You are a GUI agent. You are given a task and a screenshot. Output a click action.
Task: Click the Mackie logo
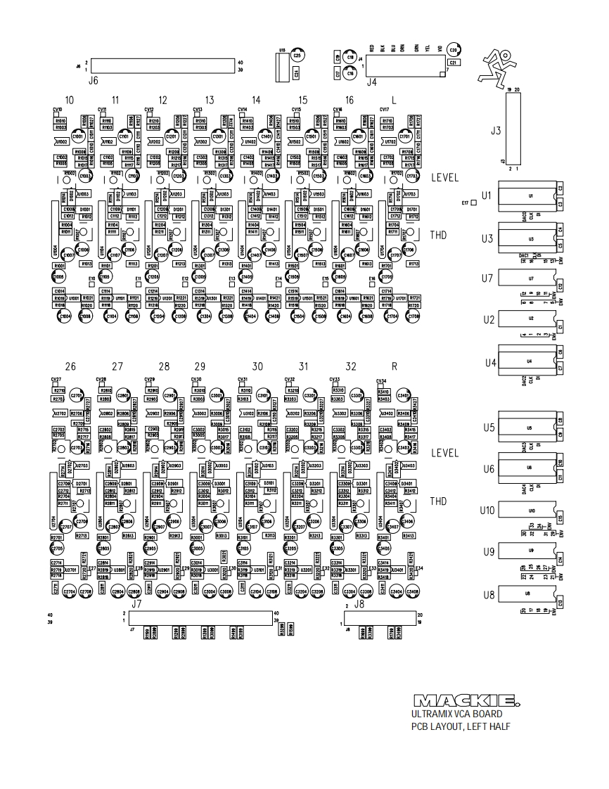click(467, 701)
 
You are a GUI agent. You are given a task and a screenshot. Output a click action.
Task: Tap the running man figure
click(501, 68)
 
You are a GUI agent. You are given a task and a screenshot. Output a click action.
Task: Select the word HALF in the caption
click(496, 726)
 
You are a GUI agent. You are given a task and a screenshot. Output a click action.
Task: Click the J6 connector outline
click(162, 66)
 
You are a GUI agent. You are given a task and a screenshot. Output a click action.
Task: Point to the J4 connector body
click(404, 68)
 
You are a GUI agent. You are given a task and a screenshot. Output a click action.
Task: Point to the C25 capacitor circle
click(298, 55)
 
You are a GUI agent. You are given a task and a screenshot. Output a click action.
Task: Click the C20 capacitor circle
click(453, 51)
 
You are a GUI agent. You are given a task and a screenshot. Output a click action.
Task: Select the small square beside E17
click(475, 203)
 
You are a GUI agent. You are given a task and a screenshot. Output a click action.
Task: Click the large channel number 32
click(351, 367)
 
